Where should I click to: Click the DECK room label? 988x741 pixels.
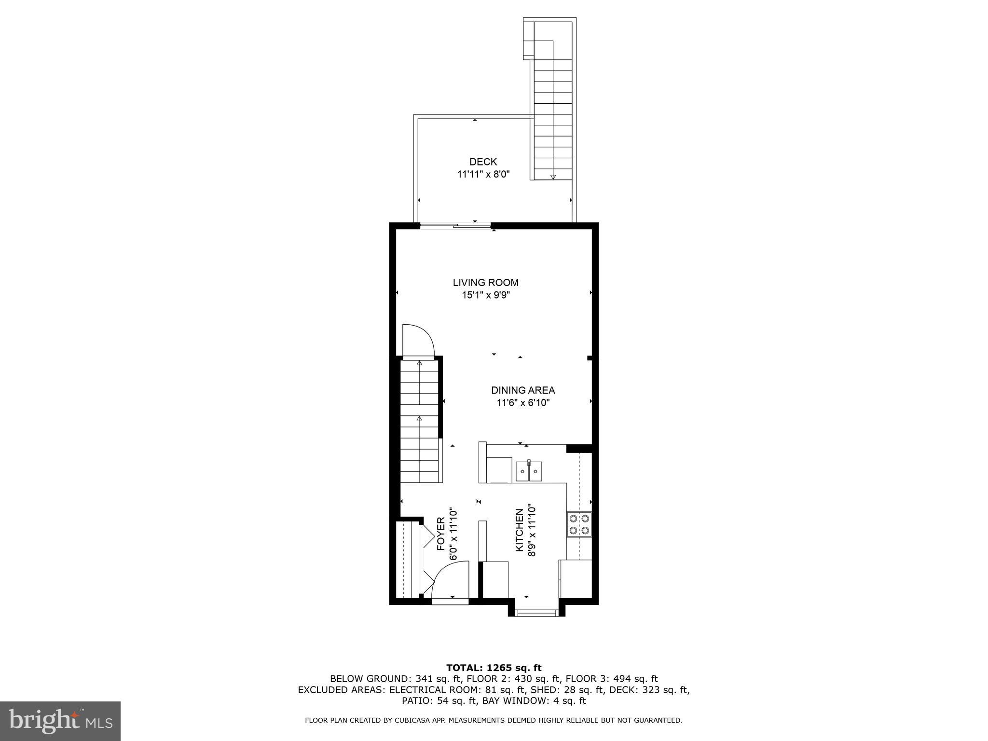[483, 162]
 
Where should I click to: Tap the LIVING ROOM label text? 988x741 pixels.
[485, 283]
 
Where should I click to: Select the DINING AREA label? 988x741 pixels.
[523, 390]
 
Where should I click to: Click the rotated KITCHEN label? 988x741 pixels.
[520, 531]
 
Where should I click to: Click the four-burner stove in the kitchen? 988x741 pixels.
[579, 524]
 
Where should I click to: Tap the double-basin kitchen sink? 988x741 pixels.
[529, 471]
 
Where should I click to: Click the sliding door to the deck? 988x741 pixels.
[455, 225]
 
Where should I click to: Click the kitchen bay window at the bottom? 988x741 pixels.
[535, 613]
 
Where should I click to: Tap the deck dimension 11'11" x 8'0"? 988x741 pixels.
[483, 175]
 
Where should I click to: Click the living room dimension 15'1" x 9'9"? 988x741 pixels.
[485, 295]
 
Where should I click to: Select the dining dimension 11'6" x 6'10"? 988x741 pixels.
[523, 403]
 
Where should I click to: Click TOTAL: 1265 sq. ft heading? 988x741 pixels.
[494, 668]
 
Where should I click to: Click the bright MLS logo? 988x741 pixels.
[60, 721]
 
